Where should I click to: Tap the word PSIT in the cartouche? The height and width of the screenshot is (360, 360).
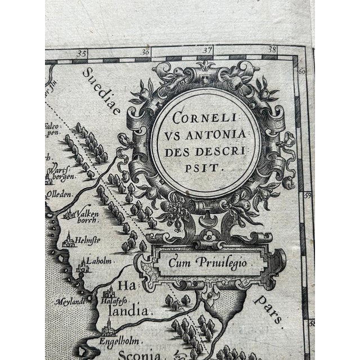[x=206, y=166]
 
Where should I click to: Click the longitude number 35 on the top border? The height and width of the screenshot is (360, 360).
[x=83, y=54]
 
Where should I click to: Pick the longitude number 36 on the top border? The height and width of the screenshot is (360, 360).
[x=146, y=53]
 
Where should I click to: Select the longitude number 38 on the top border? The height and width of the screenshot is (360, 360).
[x=273, y=49]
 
